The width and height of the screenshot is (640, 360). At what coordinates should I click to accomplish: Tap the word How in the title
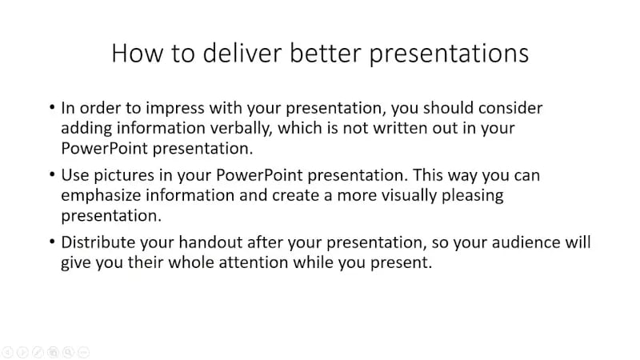[132, 53]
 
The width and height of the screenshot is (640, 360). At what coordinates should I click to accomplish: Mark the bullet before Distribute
[52, 242]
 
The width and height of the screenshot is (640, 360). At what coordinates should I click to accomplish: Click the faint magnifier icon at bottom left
[68, 351]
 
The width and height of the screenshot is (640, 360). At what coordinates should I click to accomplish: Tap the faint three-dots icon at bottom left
[83, 351]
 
